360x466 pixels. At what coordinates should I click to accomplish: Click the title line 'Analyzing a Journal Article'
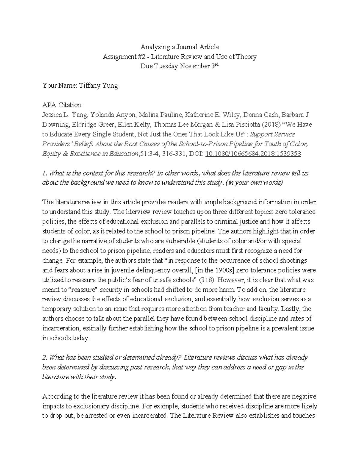(180, 47)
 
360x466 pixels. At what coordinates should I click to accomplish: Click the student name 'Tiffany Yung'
(98, 86)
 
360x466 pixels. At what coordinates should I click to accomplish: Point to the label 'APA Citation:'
(62, 105)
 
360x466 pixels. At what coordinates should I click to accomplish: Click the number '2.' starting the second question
(45, 357)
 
